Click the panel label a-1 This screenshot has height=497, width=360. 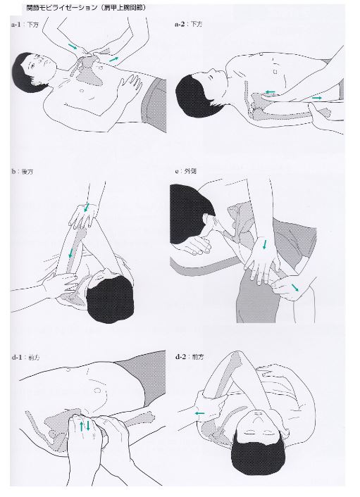[x=16, y=25]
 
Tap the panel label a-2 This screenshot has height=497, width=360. [x=180, y=24]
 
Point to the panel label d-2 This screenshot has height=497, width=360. [x=180, y=357]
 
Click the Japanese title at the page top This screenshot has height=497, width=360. [x=86, y=8]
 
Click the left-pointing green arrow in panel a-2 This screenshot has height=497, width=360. [x=270, y=92]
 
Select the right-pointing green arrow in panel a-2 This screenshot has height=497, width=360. [x=317, y=98]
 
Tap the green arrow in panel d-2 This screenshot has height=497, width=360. [x=199, y=413]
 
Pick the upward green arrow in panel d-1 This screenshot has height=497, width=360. [x=82, y=426]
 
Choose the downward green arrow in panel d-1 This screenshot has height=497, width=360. [x=88, y=425]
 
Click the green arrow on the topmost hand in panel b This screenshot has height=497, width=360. [x=86, y=208]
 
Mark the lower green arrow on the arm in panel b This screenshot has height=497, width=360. [x=70, y=253]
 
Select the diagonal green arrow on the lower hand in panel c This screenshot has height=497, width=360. [x=295, y=287]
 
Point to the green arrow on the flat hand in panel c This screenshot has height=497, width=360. [x=264, y=244]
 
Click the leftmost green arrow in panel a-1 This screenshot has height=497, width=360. [x=73, y=46]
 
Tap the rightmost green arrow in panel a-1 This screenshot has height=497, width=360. [x=113, y=59]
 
